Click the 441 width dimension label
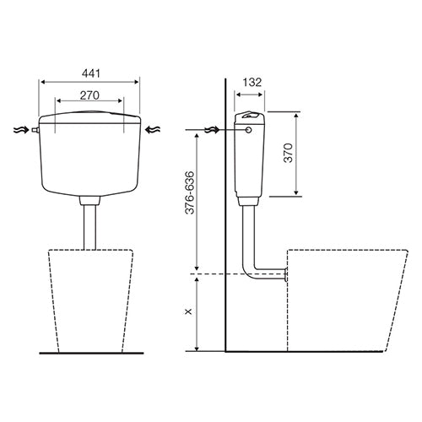[x=91, y=73]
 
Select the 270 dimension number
[x=89, y=95]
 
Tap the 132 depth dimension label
[x=252, y=82]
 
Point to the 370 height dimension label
[x=288, y=153]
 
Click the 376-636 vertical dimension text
[x=190, y=192]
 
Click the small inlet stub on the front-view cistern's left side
[x=35, y=130]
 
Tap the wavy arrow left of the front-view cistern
[x=21, y=130]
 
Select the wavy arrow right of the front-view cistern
[x=153, y=130]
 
